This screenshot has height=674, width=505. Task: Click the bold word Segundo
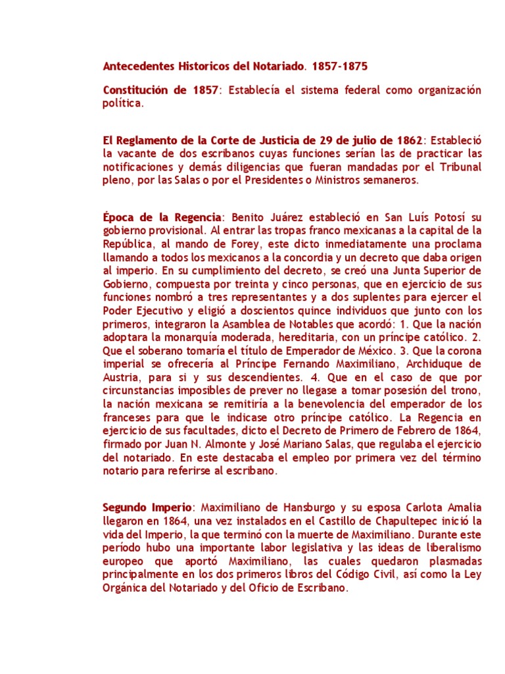(x=124, y=507)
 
